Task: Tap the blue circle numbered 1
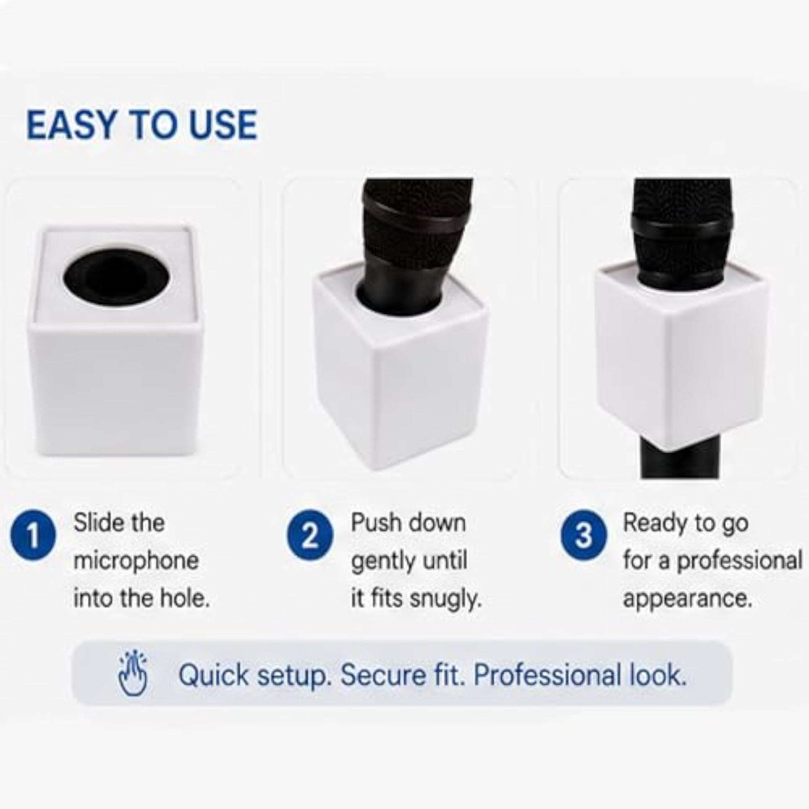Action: pyautogui.click(x=33, y=537)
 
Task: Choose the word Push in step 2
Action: pyautogui.click(x=377, y=523)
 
